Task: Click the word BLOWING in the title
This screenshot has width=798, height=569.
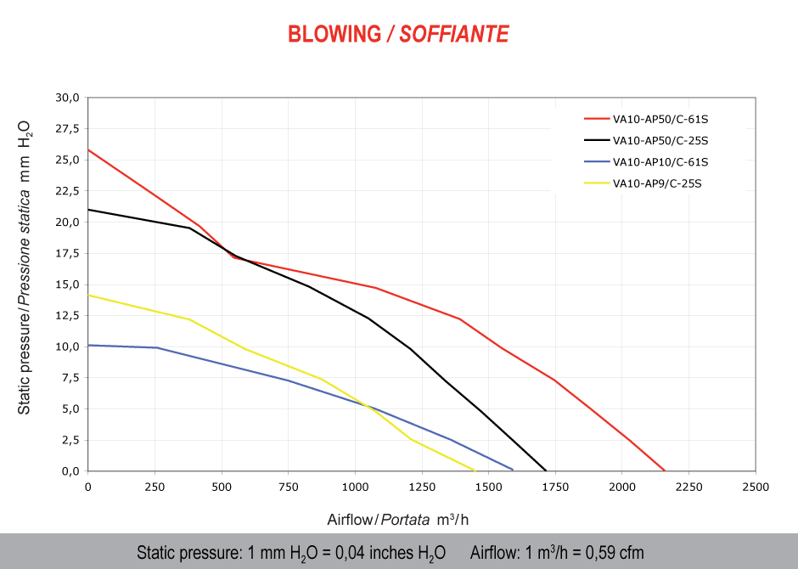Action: (334, 34)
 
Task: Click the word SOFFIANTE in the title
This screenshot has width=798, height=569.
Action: (454, 34)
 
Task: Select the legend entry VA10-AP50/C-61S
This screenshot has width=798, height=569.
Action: (660, 119)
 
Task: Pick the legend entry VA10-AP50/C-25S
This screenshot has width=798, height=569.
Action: (660, 140)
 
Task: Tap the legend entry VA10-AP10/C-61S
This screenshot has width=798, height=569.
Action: (660, 161)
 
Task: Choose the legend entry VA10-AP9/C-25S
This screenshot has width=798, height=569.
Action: (657, 183)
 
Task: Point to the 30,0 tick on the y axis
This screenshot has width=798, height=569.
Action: (67, 98)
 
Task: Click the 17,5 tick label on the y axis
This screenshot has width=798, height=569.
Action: (67, 253)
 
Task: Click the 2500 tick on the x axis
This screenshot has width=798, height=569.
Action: (755, 487)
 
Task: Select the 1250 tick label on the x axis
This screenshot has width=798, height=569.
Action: (421, 487)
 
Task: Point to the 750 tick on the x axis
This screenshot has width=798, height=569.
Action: (288, 487)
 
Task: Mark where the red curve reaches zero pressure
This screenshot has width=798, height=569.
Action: (665, 470)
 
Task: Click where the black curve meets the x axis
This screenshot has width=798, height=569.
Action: (546, 470)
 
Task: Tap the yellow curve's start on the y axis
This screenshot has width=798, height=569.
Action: (88, 296)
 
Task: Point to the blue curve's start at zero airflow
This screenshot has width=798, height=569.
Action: (88, 345)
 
